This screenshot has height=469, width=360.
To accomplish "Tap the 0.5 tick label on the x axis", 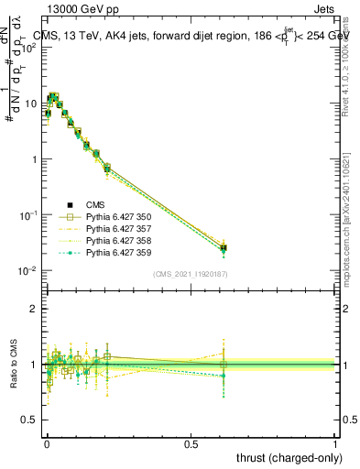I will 191,443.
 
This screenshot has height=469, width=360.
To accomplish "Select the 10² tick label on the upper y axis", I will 27,48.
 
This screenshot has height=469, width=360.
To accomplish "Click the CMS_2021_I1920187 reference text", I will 190,274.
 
